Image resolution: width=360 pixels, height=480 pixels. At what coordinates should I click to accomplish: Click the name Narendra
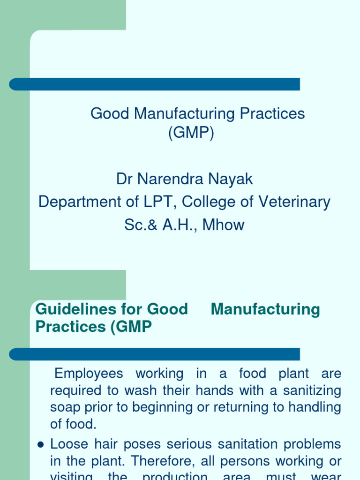coord(166,179)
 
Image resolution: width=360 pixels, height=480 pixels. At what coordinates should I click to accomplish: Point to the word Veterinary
coord(295,202)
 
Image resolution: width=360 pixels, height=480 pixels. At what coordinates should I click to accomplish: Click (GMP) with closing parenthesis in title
coord(191,134)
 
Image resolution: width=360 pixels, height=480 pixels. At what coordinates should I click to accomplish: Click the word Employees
coord(89,374)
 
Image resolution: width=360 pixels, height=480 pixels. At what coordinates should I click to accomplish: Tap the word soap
coord(65,407)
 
